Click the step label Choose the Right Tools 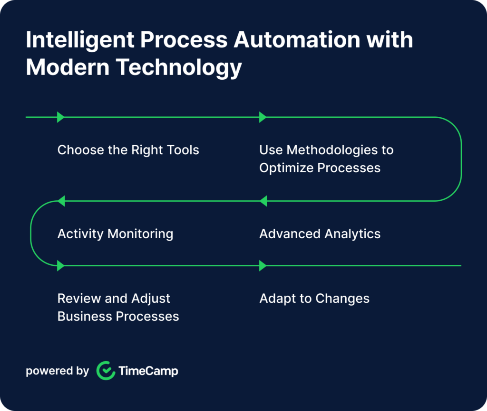[x=128, y=150]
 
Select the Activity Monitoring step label [x=115, y=234]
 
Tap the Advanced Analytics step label [x=320, y=234]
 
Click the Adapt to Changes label [x=314, y=299]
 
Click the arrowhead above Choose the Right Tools [x=60, y=117]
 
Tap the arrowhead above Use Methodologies [x=263, y=117]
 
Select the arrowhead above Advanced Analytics [x=263, y=201]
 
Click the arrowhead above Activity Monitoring [x=61, y=201]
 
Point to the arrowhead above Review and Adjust [x=60, y=266]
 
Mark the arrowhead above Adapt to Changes [x=263, y=266]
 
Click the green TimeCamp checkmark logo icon [x=106, y=371]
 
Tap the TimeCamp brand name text [x=148, y=371]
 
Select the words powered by [x=57, y=371]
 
